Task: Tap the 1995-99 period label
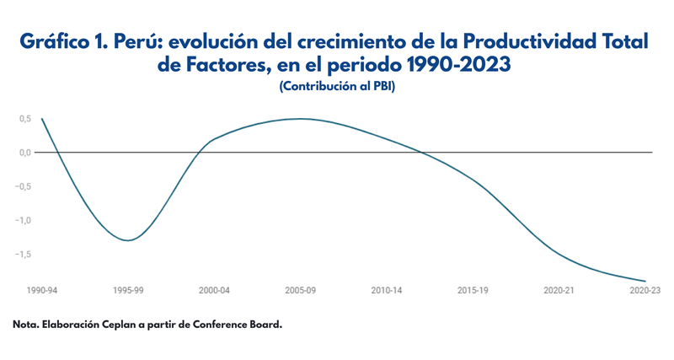(127, 290)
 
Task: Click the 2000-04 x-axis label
(214, 290)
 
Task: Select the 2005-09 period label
(301, 290)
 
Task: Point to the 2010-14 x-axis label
(387, 290)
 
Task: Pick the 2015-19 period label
(473, 290)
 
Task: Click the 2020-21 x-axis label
(559, 290)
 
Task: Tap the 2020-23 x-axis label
(645, 290)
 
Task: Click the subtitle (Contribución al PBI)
(336, 87)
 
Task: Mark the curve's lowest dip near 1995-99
(127, 240)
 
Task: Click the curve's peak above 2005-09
(301, 119)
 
